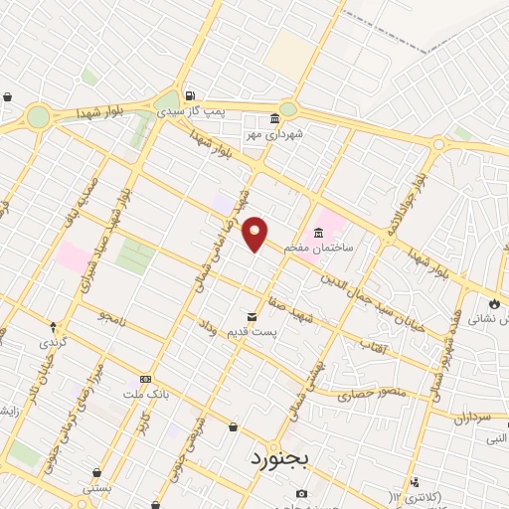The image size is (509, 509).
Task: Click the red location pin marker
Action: click(255, 234)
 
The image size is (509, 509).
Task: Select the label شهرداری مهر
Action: click(274, 132)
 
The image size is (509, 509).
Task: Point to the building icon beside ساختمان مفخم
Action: click(318, 235)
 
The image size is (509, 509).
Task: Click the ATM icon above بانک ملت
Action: click(145, 379)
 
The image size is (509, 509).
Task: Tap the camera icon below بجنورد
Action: click(301, 494)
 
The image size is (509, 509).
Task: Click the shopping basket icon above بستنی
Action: click(95, 473)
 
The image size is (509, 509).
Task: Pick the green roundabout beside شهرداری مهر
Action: click(287, 108)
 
